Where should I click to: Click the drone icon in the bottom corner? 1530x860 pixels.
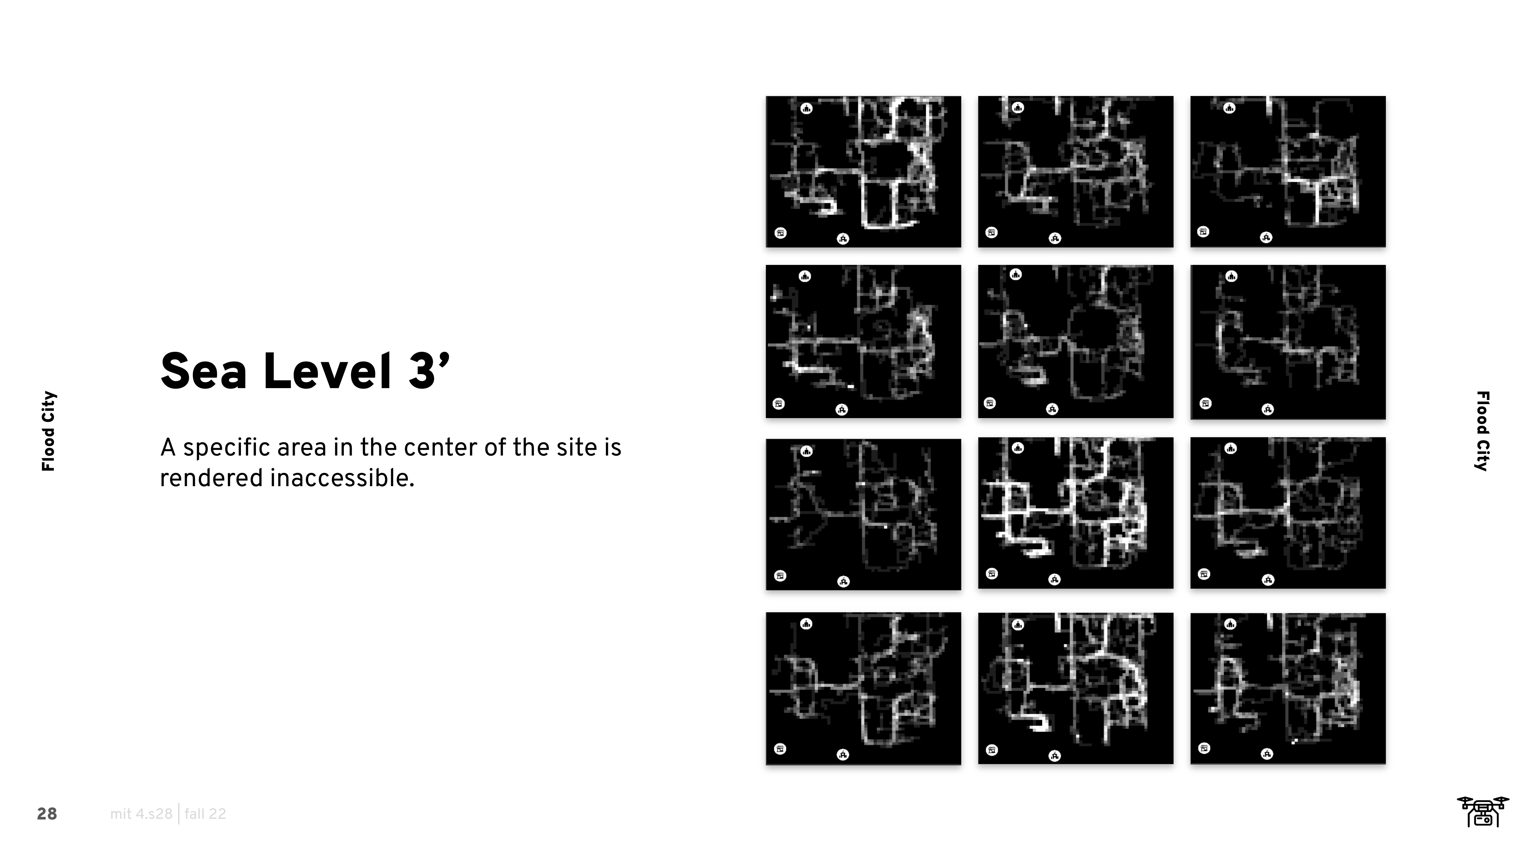point(1483,811)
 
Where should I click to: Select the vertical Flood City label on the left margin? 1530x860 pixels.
point(49,431)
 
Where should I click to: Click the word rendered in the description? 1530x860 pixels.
point(212,478)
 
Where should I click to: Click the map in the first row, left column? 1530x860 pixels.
point(863,172)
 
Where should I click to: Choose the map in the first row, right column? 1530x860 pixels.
point(1288,172)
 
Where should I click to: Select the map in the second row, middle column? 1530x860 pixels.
point(1076,341)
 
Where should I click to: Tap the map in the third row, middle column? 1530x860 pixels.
point(1076,513)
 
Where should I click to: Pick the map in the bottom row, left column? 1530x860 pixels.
point(863,688)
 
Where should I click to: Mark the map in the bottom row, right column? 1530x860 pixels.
point(1288,688)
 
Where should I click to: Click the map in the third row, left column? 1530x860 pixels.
point(863,514)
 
